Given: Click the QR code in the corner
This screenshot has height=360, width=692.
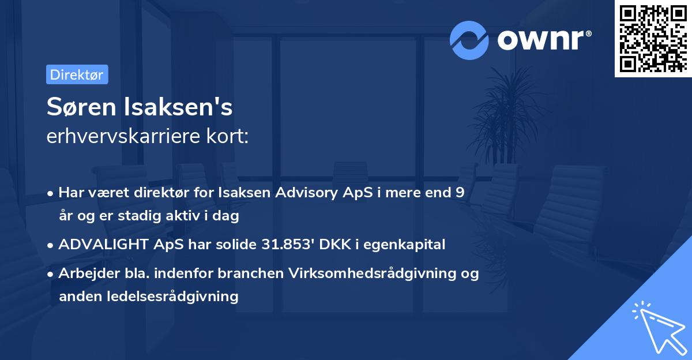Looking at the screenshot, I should coord(653,38).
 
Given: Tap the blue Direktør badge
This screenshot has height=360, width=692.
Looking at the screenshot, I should coord(77,74).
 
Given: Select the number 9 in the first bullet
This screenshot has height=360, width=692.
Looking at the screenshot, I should coord(460,193).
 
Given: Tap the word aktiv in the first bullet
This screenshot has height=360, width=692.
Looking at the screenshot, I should coord(178,216).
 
